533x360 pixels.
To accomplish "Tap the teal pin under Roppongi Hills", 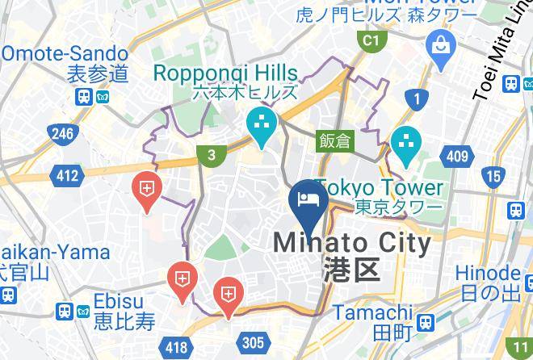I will pos(262,126).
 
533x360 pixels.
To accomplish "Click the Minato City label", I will pos(353,242).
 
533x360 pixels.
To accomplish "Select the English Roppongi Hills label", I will pos(225,73).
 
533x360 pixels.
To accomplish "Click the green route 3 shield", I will pos(211,157).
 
